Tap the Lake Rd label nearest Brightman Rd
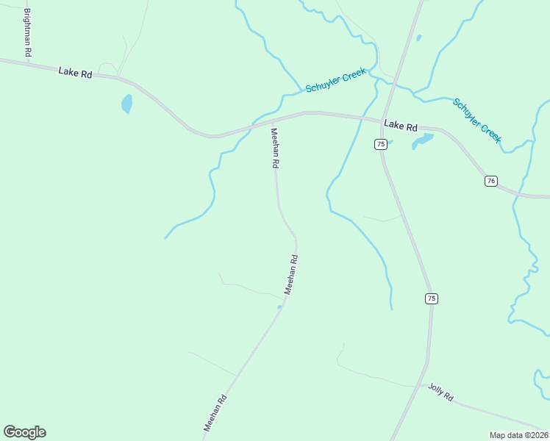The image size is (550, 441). (76, 73)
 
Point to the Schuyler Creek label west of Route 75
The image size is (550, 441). (335, 82)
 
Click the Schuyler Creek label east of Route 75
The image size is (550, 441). (477, 120)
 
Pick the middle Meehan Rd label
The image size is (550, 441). (291, 274)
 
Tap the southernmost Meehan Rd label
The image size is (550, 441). (215, 412)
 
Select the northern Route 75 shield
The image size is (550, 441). (380, 144)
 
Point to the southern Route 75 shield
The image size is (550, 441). (431, 298)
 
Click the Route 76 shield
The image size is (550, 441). (491, 181)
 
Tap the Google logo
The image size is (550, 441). (24, 432)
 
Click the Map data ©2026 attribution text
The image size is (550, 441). (518, 435)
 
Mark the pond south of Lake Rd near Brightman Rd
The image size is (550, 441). (127, 104)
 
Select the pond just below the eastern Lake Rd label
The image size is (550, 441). (423, 140)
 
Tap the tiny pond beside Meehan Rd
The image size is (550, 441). (279, 306)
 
